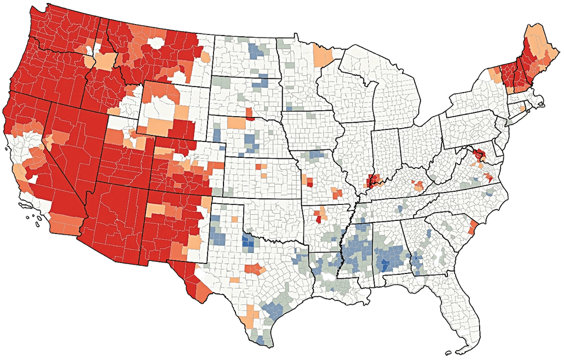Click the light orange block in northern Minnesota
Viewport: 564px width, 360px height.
[x=324, y=54]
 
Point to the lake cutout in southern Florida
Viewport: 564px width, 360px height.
[x=464, y=333]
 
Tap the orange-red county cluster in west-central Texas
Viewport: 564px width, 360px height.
[x=255, y=269]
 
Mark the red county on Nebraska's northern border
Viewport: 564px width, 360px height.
[x=250, y=113]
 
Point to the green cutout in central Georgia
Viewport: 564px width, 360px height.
[x=438, y=256]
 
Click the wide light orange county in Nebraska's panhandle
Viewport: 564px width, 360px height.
[x=237, y=123]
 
